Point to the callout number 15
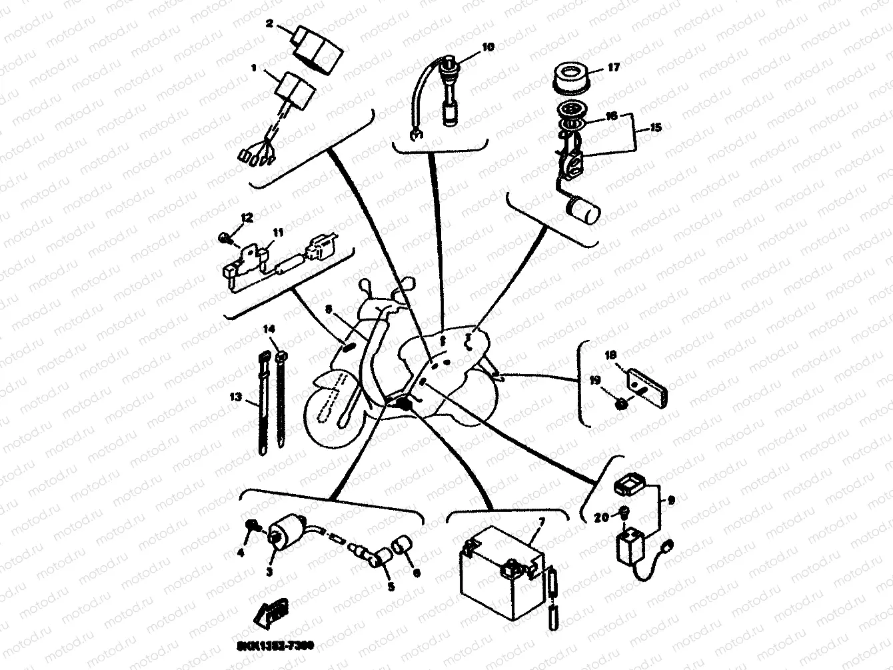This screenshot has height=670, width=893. coord(656,127)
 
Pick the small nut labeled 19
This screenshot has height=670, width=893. coord(621,403)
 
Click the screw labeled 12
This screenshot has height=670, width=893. coord(225,237)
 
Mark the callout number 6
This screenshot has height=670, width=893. coord(417,572)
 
